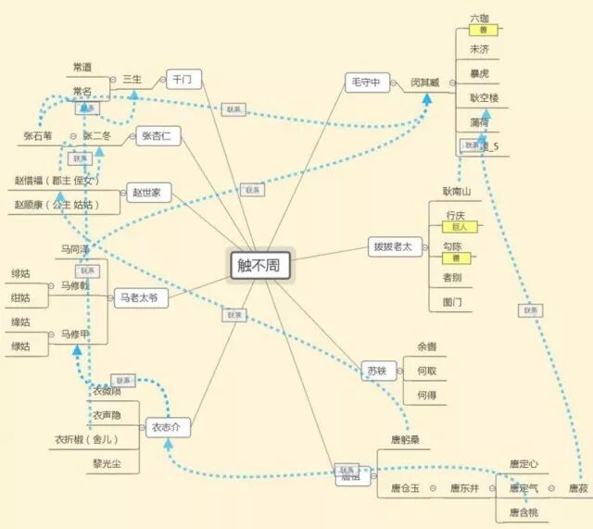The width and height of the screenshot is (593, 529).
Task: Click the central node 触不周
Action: pyautogui.click(x=262, y=265)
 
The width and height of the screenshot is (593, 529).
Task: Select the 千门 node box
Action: pyautogui.click(x=183, y=80)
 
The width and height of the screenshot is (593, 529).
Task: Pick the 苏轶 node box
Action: pyautogui.click(x=376, y=370)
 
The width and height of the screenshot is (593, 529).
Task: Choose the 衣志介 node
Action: pyautogui.click(x=169, y=427)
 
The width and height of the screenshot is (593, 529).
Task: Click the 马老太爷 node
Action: pyautogui.click(x=142, y=298)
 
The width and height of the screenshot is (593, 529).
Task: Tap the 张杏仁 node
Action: pyautogui.click(x=161, y=137)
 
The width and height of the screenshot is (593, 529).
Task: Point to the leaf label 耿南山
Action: pyautogui.click(x=457, y=191)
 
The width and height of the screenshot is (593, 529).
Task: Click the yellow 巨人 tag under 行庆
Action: pyautogui.click(x=460, y=226)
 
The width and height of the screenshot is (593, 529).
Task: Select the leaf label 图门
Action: pyautogui.click(x=452, y=302)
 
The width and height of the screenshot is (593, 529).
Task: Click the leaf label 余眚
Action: pyautogui.click(x=426, y=346)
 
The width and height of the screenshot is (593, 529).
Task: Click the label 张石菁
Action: pyautogui.click(x=39, y=136)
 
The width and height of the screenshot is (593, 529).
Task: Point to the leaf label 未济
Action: pyautogui.click(x=479, y=49)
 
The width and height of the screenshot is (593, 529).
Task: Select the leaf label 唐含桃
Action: pyautogui.click(x=524, y=511)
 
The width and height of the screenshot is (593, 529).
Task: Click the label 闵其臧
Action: pyautogui.click(x=425, y=82)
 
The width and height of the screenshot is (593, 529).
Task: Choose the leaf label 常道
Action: pyautogui.click(x=82, y=68)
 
